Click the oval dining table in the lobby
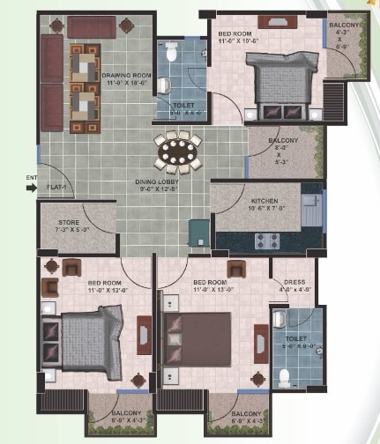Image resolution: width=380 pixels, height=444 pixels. [x=177, y=153]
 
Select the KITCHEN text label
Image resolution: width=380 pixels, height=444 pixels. [x=265, y=201]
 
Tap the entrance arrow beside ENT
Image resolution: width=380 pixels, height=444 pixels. [x=42, y=187]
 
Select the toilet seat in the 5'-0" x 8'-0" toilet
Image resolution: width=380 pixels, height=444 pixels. [x=284, y=376]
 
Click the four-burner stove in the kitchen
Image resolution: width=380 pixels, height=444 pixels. [x=266, y=240]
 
